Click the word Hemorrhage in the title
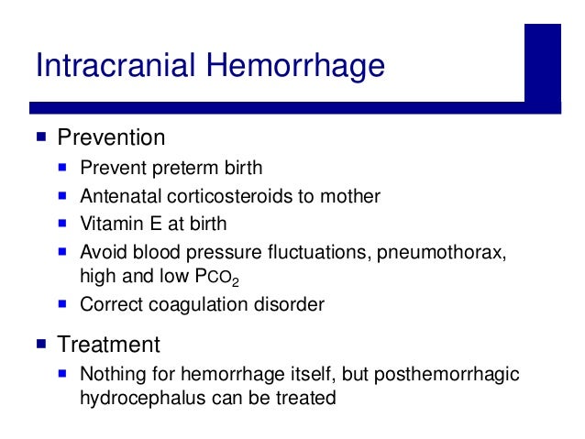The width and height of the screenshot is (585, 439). (293, 67)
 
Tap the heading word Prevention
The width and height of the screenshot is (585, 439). (111, 138)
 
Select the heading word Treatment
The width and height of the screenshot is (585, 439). (108, 345)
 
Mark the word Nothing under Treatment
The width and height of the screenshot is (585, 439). (112, 374)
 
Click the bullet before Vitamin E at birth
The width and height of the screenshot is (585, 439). (63, 222)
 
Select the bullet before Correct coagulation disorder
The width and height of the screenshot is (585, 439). (63, 304)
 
